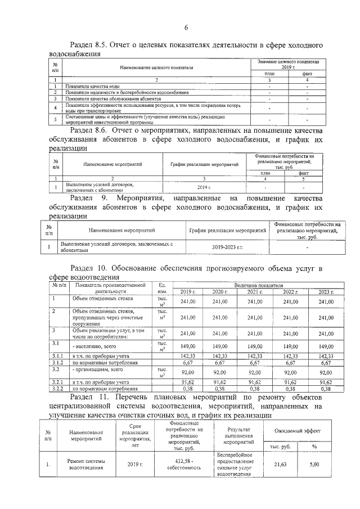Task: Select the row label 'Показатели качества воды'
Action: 92,86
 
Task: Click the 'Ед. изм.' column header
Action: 163,288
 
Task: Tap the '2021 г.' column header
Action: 255,292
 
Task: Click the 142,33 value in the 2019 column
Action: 187,356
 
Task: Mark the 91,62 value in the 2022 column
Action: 290,382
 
